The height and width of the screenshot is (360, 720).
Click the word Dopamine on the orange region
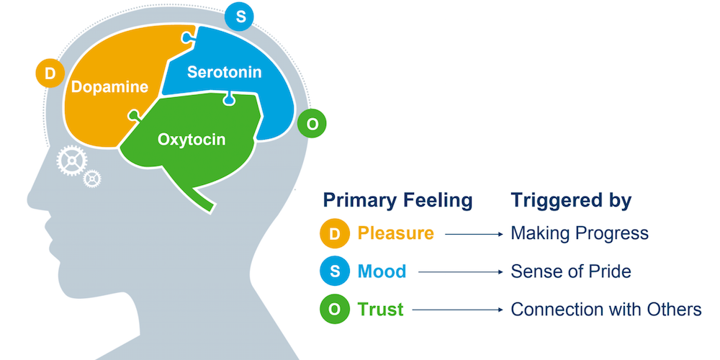coord(109,87)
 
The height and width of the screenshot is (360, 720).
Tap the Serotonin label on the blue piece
coord(224,72)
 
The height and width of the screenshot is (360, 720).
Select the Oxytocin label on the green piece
coord(192,140)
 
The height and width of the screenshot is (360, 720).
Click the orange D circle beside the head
coord(50,73)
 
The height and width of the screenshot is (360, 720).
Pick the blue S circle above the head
coord(239,17)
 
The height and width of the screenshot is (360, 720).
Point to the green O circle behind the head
coord(312,124)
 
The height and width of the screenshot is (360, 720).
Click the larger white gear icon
coord(71,161)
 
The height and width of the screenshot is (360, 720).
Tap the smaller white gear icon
coord(92,178)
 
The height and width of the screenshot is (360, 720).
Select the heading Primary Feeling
coord(397,200)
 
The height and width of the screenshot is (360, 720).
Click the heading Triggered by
coord(571,200)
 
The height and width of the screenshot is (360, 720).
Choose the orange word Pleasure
coord(396,233)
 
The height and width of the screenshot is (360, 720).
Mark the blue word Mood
coord(382,271)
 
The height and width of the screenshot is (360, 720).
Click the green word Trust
coord(381,310)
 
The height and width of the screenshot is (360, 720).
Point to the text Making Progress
coord(580,233)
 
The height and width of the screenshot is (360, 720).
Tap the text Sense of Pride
coord(571,271)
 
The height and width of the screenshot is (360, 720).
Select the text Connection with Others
coord(606,310)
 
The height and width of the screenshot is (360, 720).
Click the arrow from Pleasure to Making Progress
coord(474,234)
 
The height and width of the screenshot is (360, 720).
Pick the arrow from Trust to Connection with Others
coord(458,310)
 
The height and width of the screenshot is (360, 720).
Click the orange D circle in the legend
coord(335,234)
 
